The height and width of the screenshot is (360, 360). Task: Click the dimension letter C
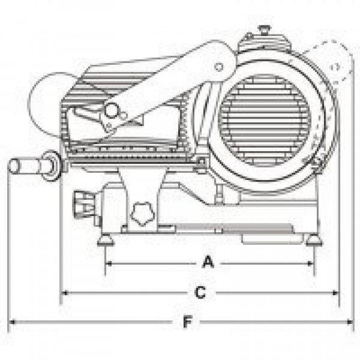tap(200, 293)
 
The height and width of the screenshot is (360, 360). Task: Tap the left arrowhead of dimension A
tap(106, 264)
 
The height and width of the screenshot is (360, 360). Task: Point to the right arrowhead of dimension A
tap(311, 264)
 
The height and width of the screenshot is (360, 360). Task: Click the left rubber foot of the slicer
tap(105, 240)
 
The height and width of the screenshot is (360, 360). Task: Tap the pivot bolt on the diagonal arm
tap(219, 67)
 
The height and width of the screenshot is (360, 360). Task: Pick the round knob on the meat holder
tap(114, 110)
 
